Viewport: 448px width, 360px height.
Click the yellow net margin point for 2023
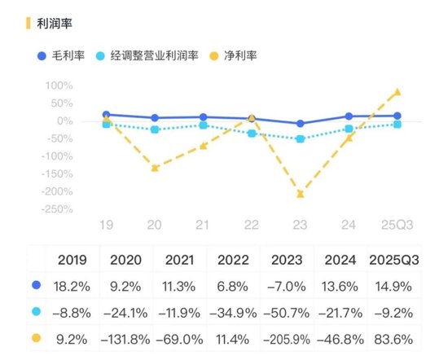click(301, 194)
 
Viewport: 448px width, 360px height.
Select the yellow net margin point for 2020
click(155, 168)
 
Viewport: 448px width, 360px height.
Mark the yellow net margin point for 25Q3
click(397, 92)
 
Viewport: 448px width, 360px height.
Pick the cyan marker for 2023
click(301, 139)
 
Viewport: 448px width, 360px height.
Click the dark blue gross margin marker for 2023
click(301, 124)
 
